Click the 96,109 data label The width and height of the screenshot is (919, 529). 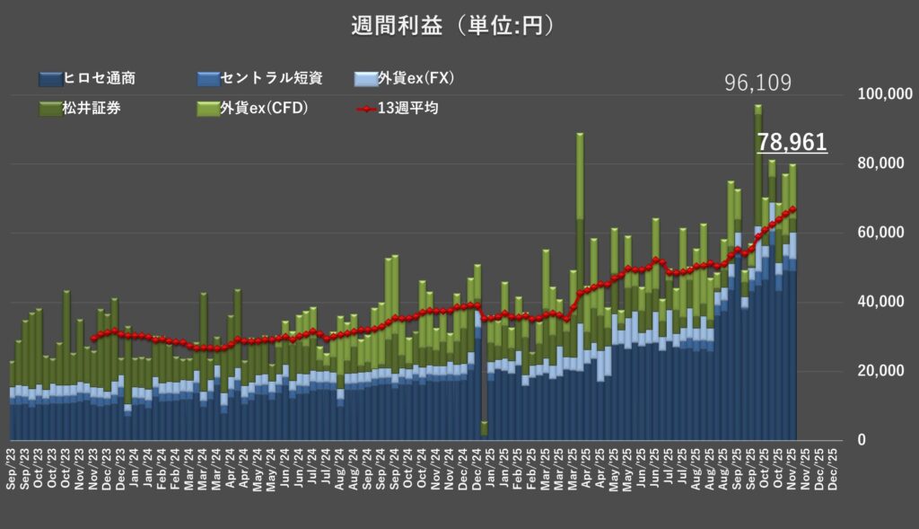[x=758, y=84]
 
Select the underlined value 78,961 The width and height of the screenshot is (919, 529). [x=792, y=142]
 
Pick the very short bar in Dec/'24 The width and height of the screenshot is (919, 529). [x=484, y=428]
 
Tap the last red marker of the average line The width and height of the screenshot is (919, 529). [x=793, y=209]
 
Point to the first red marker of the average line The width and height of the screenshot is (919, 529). [x=92, y=338]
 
